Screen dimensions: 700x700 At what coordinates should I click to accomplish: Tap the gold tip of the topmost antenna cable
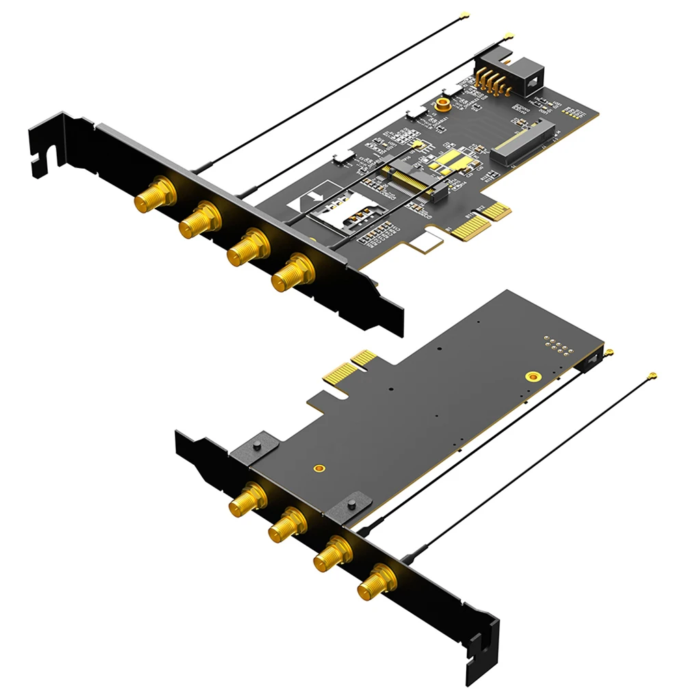click(464, 14)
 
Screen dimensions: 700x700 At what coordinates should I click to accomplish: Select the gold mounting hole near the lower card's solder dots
click(533, 376)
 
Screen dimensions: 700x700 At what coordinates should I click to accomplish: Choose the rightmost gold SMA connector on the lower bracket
click(375, 581)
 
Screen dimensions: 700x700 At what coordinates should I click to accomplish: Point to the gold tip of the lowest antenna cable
click(652, 376)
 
